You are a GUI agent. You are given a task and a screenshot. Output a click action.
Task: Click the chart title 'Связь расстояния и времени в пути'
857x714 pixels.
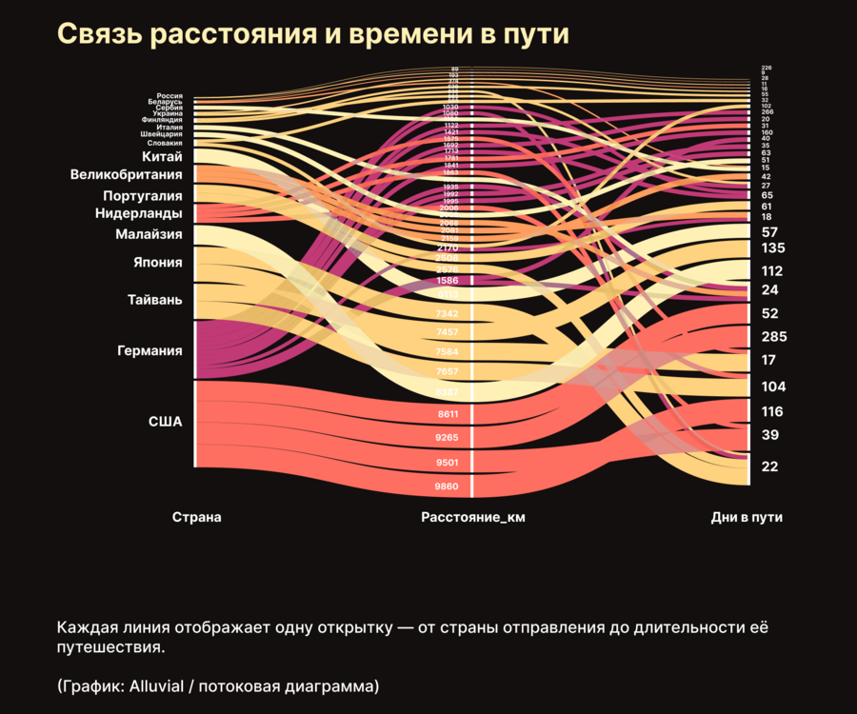coord(313,34)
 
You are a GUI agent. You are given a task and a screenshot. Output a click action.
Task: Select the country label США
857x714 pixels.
coord(166,422)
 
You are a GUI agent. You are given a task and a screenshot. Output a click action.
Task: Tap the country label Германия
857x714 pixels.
coord(149,350)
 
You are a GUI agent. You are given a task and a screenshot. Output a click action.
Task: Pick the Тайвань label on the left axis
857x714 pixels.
coord(155,300)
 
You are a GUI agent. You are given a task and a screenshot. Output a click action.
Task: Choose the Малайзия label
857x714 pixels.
coord(149,233)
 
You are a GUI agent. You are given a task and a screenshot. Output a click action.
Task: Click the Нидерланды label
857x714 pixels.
coord(139,213)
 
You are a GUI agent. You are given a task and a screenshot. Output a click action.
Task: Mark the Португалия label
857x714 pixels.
coord(143,195)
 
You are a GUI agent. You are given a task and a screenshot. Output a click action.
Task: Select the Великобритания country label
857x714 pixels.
coord(127,175)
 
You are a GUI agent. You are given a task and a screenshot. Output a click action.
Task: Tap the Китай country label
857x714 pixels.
coord(162,156)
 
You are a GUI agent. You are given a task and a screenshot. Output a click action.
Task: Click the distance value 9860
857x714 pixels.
coord(447,486)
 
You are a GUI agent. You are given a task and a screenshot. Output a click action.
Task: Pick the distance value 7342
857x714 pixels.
coord(447,313)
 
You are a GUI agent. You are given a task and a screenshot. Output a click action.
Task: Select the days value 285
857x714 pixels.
coord(774,336)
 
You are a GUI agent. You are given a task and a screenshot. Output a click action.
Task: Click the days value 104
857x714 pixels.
coord(774,387)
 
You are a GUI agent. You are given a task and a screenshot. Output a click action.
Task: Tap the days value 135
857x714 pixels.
coord(774,248)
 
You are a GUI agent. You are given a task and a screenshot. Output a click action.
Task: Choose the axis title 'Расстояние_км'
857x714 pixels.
coord(473,518)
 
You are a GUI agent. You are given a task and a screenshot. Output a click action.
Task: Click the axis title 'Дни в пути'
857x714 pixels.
coord(753,518)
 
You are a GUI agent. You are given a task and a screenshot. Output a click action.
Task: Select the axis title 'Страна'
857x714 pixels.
coord(196,518)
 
